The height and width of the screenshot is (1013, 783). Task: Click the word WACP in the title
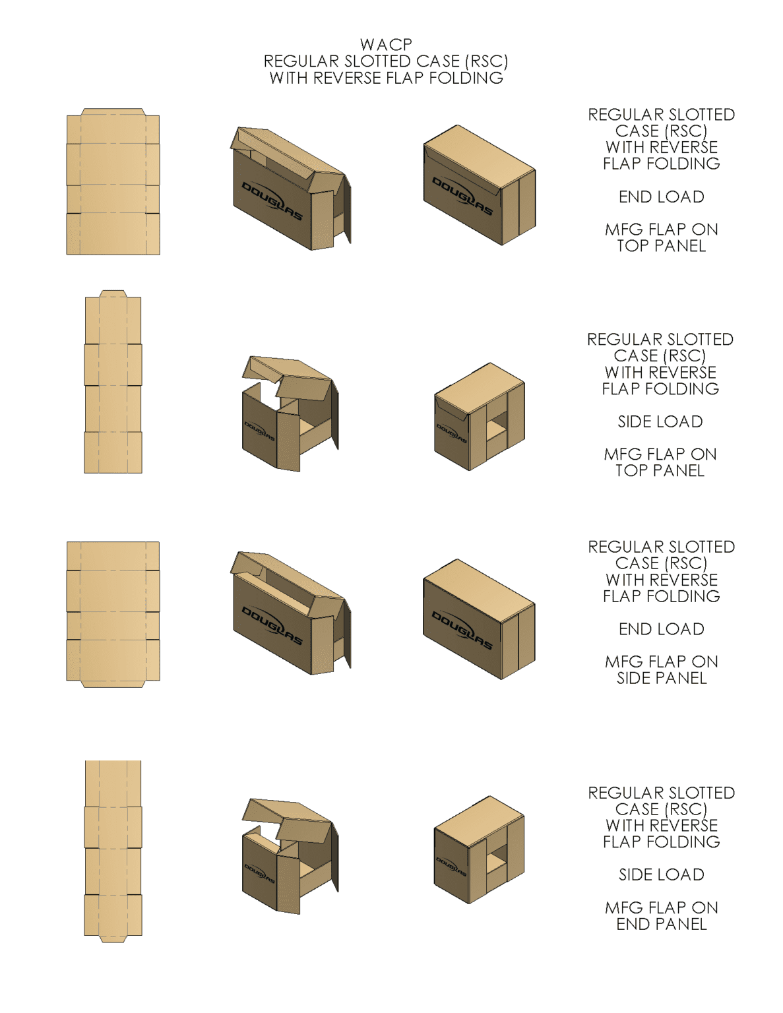pos(386,45)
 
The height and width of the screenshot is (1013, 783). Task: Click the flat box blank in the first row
pos(113,185)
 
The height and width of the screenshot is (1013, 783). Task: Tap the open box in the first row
pos(290,191)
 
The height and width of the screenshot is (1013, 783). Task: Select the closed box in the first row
pos(478,186)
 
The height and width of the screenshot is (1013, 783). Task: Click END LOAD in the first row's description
pos(661,197)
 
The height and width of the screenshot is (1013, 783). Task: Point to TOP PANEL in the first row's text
pos(661,246)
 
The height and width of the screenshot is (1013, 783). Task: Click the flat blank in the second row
pos(113,386)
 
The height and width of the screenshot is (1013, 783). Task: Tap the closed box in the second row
pos(479,417)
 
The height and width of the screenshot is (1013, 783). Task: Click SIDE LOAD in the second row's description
pos(660,421)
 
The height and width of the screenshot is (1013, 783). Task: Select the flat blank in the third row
pos(113,612)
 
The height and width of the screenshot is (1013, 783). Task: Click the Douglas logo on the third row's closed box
pos(462,630)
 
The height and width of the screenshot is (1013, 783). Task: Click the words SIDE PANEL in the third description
pos(661,679)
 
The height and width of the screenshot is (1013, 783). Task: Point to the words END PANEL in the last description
pos(661,925)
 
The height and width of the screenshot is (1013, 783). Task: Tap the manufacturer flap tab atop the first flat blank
pos(113,112)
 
